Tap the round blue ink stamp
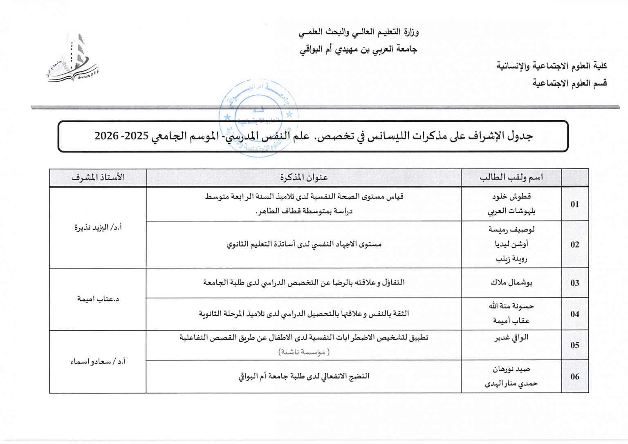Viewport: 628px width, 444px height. click(258, 117)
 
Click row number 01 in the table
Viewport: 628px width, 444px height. click(575, 204)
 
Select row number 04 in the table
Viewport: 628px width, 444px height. click(575, 314)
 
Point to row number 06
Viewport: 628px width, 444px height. click(575, 377)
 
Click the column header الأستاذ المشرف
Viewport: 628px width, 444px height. click(98, 177)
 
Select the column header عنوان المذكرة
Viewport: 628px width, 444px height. click(304, 177)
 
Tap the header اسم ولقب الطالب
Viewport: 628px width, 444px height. click(511, 177)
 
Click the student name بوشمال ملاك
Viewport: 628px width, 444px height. click(511, 283)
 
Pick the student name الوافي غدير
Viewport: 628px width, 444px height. click(511, 337)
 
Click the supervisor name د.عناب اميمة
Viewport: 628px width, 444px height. click(98, 299)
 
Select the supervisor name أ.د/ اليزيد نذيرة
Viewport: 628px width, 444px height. click(98, 227)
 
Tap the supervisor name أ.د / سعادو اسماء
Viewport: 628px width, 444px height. click(98, 361)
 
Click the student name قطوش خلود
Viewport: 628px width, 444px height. click(511, 197)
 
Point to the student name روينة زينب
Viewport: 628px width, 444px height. click(511, 259)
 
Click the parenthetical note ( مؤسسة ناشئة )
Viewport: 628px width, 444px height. click(304, 352)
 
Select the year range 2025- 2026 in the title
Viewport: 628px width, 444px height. click(121, 136)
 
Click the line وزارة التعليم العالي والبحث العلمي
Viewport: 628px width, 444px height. click(358, 32)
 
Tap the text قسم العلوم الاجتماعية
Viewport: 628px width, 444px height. click(569, 83)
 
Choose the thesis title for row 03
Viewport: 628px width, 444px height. click(304, 283)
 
